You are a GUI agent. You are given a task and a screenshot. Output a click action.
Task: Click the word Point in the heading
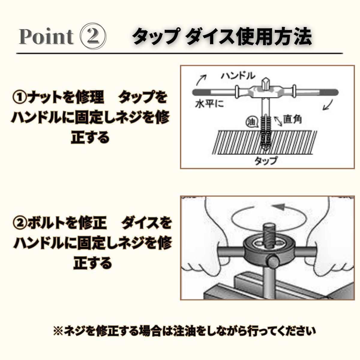coord(46,37)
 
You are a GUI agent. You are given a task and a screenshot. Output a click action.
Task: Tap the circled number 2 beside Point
coord(93,36)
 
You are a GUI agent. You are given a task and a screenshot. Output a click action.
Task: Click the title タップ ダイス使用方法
coord(222,36)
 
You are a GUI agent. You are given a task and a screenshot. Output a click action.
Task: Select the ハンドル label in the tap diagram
coord(238,76)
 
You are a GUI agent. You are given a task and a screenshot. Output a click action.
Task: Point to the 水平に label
coord(209,104)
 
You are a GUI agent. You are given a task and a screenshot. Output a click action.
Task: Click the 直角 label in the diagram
coord(292,119)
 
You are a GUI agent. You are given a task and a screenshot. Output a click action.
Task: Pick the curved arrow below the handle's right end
coord(328,105)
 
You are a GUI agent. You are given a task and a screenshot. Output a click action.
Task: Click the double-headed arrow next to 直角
coord(278,121)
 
